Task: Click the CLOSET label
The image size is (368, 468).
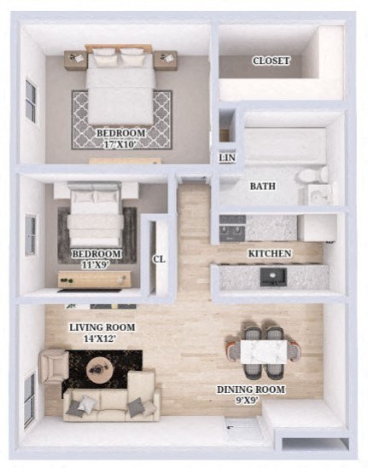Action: click(x=272, y=61)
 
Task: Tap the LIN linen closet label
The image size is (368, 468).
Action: click(x=227, y=158)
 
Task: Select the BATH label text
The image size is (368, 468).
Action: click(x=262, y=186)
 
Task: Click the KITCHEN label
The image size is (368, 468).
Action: click(x=270, y=254)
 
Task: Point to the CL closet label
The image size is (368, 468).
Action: click(x=158, y=259)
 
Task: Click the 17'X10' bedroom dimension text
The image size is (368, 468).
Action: click(x=120, y=146)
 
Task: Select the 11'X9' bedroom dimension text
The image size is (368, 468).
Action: click(x=96, y=266)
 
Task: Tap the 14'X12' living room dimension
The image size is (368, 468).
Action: click(x=101, y=338)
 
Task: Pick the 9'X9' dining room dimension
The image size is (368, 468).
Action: click(x=263, y=402)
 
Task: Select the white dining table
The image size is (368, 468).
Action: click(x=262, y=350)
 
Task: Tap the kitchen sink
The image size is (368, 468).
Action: click(x=274, y=276)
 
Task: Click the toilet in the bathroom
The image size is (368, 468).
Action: click(x=313, y=176)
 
